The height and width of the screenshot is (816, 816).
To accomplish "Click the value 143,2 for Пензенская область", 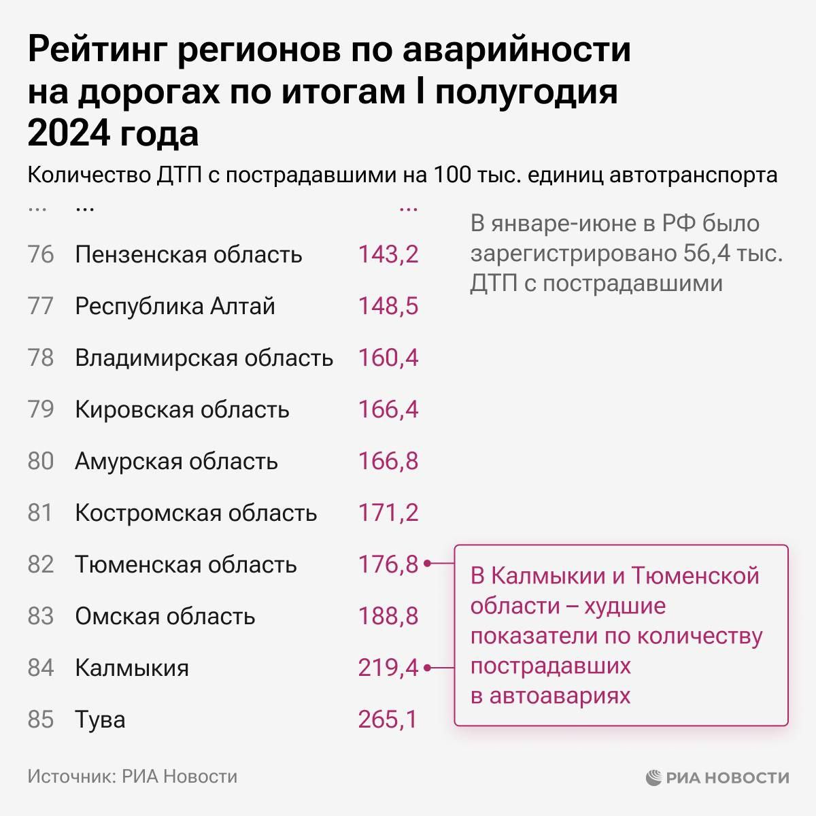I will (x=388, y=254).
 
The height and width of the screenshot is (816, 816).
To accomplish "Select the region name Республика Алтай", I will (x=175, y=306).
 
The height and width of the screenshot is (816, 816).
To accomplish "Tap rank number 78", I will (x=41, y=358).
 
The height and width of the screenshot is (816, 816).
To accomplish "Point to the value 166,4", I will (x=388, y=409).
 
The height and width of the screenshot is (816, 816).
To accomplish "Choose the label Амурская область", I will (x=176, y=461).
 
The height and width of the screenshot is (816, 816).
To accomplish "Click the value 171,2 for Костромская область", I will (x=388, y=513).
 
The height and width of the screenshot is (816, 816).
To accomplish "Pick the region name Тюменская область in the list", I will (x=186, y=564).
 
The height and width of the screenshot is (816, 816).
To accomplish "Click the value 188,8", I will (x=388, y=616).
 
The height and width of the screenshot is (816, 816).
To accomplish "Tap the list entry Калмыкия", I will (x=132, y=668).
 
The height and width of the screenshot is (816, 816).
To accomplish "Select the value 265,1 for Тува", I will (x=388, y=719).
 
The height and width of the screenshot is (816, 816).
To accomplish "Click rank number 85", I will (x=41, y=719).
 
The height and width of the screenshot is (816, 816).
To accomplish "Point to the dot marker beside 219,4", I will (x=427, y=668).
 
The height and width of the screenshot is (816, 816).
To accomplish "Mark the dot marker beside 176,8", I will (x=427, y=564).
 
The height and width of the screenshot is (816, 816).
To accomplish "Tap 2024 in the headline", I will (x=68, y=133).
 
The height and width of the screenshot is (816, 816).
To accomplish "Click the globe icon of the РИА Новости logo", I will (x=653, y=777).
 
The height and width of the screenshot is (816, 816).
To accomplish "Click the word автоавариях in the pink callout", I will (x=560, y=696).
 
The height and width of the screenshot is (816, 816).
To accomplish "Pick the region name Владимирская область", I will (x=204, y=358).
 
